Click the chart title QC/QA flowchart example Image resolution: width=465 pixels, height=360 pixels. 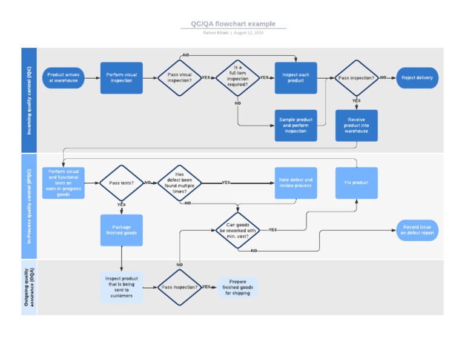(x=233, y=24)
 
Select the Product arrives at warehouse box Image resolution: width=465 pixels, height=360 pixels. (x=64, y=78)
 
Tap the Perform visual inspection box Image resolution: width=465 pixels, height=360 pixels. (x=122, y=78)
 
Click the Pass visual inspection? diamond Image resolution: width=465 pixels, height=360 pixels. (x=179, y=78)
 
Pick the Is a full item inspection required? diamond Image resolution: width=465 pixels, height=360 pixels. (x=237, y=78)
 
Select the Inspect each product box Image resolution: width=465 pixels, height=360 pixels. (x=295, y=78)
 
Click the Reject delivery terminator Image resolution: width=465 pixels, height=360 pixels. (x=417, y=78)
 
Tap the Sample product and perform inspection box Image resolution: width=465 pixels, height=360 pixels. (x=295, y=125)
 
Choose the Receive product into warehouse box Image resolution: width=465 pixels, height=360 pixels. (x=357, y=125)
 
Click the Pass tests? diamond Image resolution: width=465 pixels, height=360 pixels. (x=121, y=182)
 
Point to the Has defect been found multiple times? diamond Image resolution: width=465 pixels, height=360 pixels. (x=179, y=182)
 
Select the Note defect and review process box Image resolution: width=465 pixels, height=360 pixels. (x=295, y=182)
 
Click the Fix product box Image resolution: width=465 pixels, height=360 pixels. (x=357, y=182)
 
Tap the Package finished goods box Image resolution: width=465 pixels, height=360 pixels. (x=122, y=230)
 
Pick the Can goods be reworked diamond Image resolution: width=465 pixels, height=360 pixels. (x=237, y=230)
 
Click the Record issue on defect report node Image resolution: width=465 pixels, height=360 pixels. (x=417, y=230)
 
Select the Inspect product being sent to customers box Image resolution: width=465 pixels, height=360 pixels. (x=122, y=287)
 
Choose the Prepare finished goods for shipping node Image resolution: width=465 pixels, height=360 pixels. (x=238, y=287)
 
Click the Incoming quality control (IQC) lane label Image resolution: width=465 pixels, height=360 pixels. (x=29, y=100)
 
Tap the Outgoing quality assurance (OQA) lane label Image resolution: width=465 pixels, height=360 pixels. (x=29, y=287)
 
